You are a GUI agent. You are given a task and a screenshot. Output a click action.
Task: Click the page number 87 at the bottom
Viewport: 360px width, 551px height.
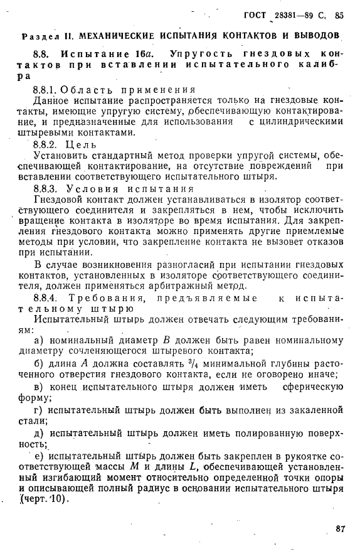coord(340,528)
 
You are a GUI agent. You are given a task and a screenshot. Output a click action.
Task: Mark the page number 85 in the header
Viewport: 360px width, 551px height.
coord(340,15)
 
